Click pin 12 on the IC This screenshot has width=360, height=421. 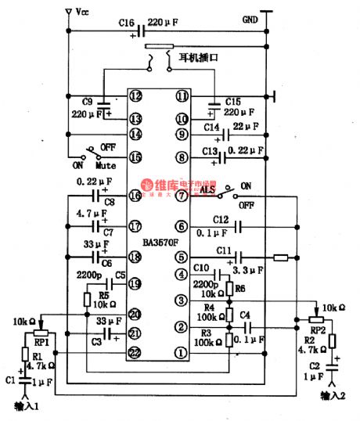pyautogui.click(x=136, y=96)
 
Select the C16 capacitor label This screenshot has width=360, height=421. pyautogui.click(x=128, y=23)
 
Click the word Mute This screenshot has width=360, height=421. pyautogui.click(x=106, y=166)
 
